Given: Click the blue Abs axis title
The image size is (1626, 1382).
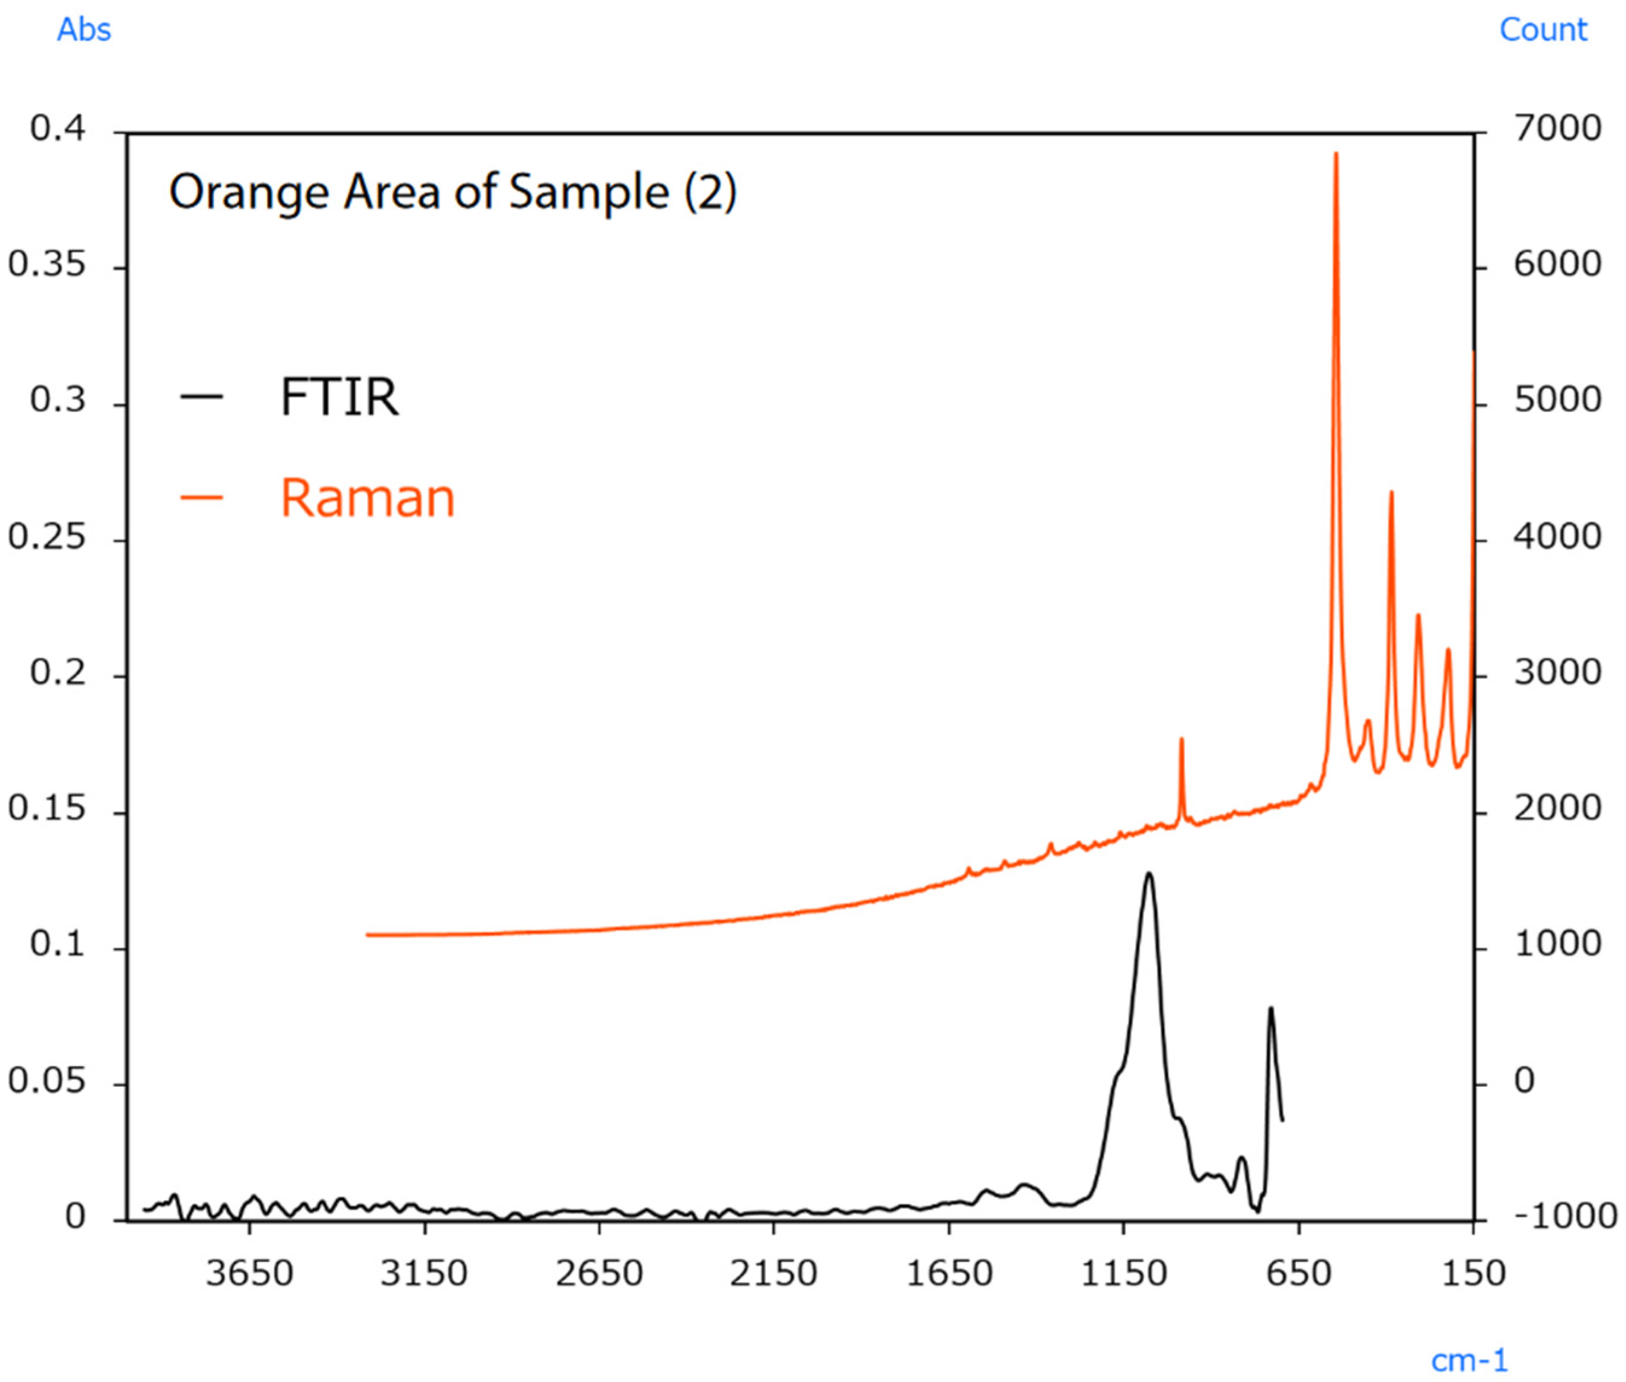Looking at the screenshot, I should click(84, 30).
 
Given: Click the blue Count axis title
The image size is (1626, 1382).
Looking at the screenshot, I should click(1542, 30).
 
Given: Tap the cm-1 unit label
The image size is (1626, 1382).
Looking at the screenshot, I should click(1468, 1360).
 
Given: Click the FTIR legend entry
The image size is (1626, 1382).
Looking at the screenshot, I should click(339, 396).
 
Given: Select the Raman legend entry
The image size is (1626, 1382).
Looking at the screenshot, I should click(366, 498).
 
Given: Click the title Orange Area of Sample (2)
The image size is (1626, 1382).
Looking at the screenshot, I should click(452, 192).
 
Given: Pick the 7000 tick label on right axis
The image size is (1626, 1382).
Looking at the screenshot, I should click(1556, 129).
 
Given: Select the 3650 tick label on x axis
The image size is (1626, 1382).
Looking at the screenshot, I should click(249, 1273).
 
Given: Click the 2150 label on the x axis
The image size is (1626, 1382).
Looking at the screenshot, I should click(773, 1273).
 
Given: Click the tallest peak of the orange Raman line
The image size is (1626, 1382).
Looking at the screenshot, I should click(1336, 154).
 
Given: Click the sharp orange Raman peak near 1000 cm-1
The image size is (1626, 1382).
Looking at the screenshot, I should click(1181, 739).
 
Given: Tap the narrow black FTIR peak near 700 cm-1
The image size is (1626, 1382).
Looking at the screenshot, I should click(1270, 1009).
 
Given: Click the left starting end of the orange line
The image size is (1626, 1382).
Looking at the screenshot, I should click(368, 935).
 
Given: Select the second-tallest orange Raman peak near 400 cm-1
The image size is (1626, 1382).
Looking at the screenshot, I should click(1391, 493).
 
